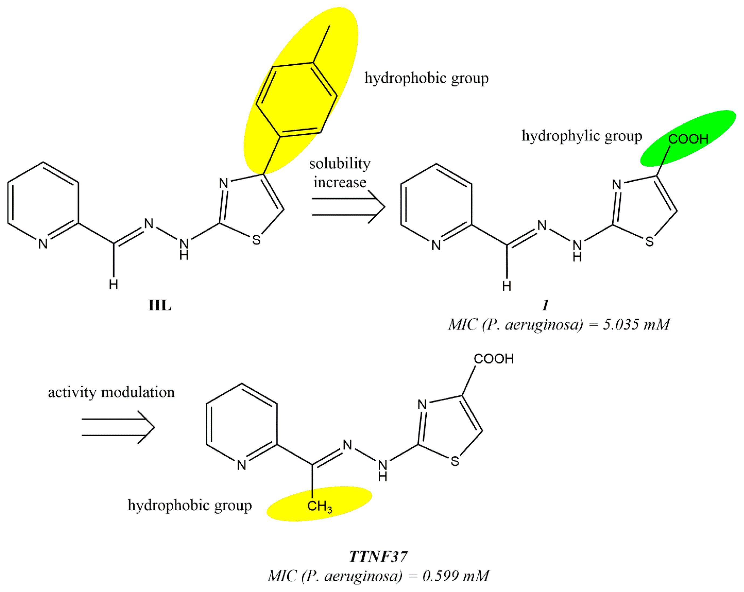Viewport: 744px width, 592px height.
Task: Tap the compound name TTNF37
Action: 378,556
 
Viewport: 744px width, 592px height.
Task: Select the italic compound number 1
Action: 545,305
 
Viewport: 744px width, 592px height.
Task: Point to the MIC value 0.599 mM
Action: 456,576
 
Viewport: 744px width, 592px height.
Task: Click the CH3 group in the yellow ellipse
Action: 319,506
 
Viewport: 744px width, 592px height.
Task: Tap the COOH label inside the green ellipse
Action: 688,139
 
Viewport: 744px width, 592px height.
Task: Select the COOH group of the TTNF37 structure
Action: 494,359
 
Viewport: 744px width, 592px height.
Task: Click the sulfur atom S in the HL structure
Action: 256,240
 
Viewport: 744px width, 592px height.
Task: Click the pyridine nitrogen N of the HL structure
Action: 43,244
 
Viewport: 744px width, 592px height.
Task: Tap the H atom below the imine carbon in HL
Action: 113,285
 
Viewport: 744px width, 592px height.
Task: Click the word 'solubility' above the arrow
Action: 340,164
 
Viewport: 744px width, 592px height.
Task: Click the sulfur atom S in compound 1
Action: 649,241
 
